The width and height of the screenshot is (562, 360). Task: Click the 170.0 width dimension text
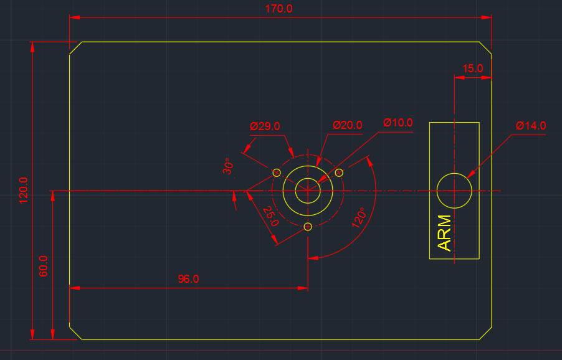click(x=279, y=9)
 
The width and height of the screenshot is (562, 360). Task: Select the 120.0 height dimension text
click(x=24, y=190)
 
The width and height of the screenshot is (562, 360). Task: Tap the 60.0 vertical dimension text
click(x=44, y=266)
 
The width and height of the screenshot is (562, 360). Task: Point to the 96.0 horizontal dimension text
click(x=188, y=279)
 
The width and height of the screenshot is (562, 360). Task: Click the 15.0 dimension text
click(x=472, y=69)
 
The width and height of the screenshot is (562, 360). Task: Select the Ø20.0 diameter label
click(x=347, y=125)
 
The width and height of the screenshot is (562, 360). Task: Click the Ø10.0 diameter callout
click(x=398, y=123)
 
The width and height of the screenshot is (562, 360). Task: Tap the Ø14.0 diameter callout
click(x=530, y=126)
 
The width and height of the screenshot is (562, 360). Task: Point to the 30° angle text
click(x=228, y=166)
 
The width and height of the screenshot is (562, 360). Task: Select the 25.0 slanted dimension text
click(x=270, y=216)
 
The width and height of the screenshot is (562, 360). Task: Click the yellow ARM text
click(x=444, y=234)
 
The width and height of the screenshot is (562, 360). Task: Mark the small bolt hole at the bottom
click(x=308, y=227)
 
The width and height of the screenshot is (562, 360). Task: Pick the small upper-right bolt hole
click(x=340, y=172)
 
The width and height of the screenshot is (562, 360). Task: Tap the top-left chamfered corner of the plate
click(x=75, y=48)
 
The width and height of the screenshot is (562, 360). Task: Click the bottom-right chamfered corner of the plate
click(x=485, y=333)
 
